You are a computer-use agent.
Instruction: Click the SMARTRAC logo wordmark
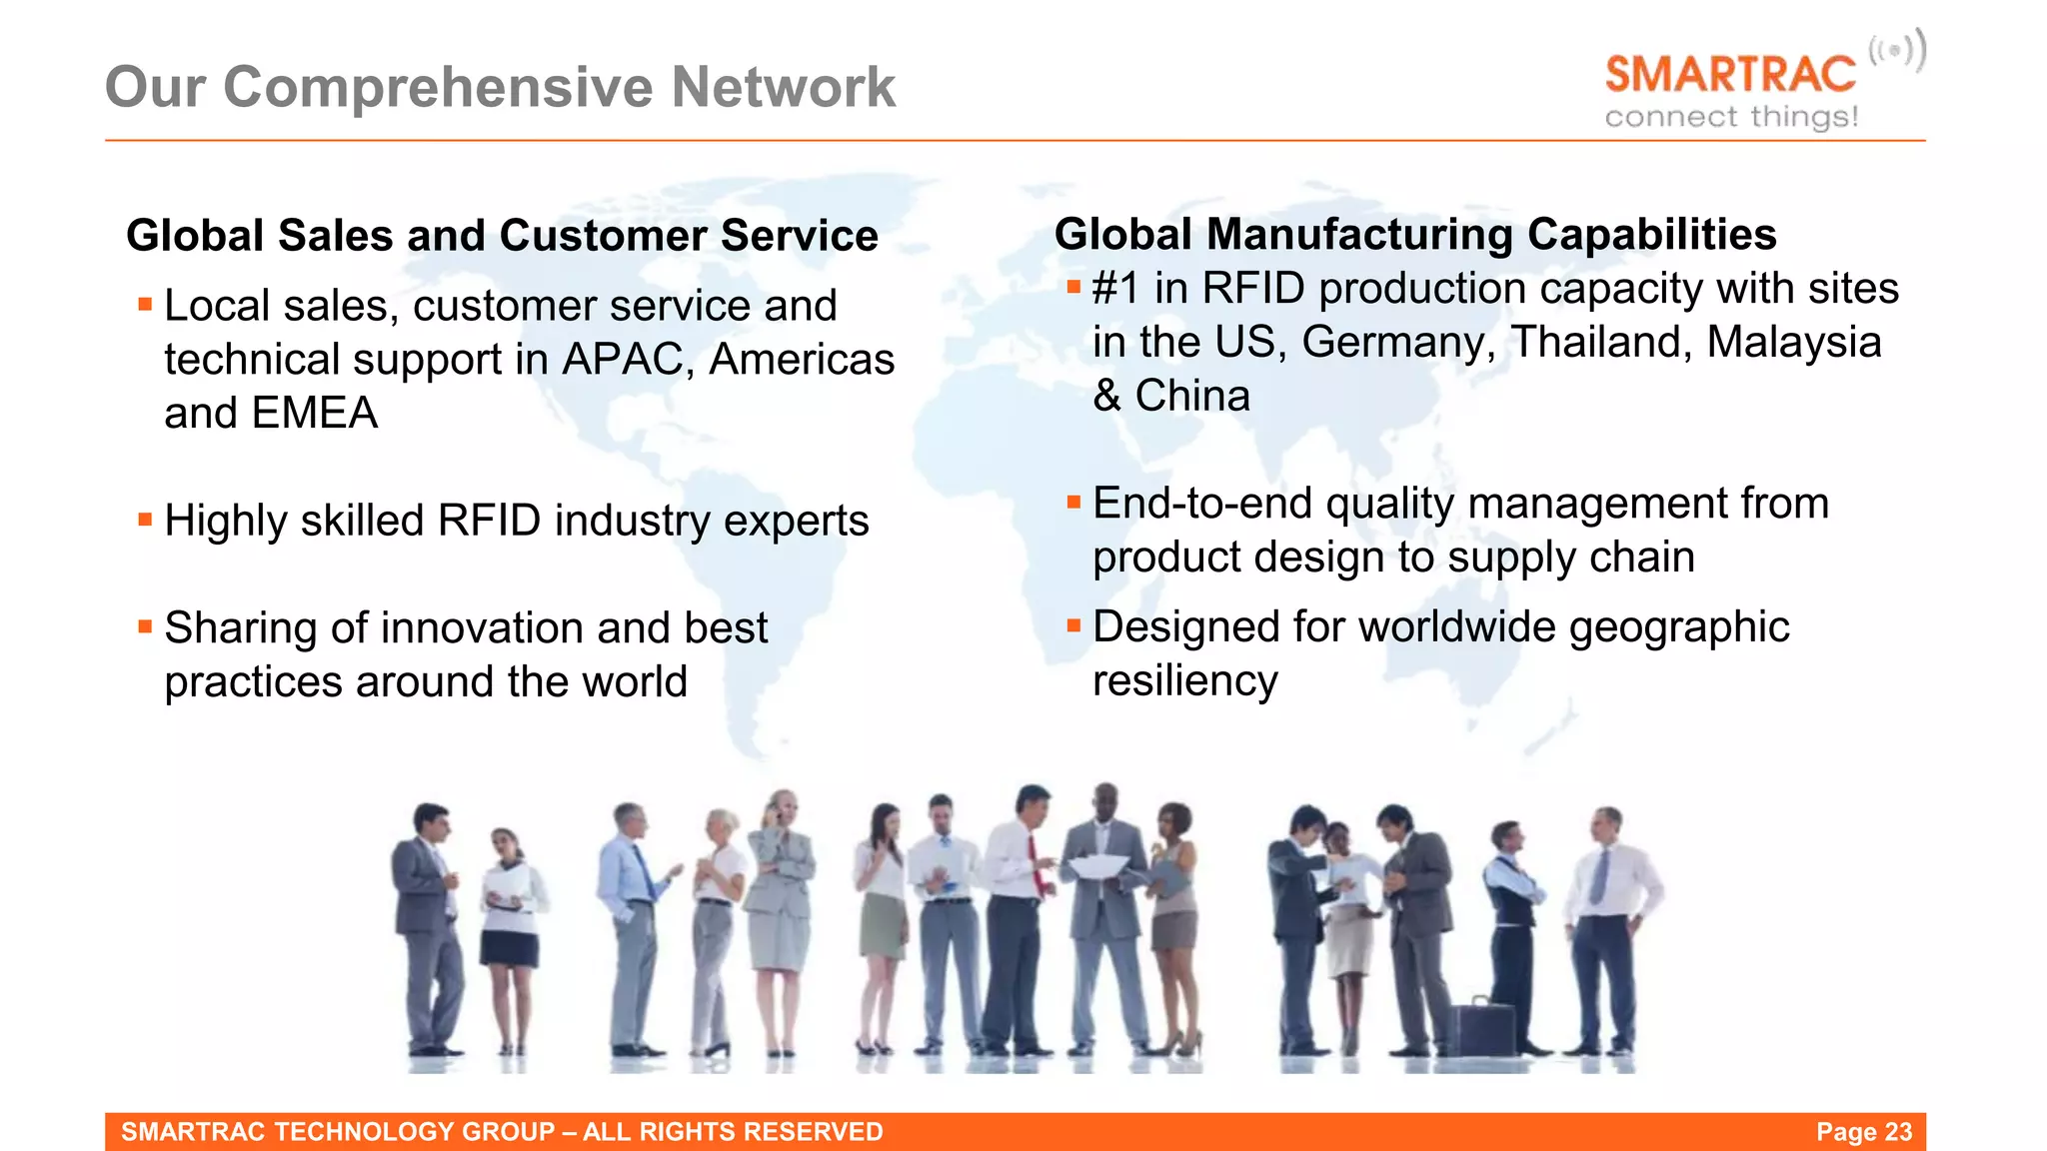coord(1730,75)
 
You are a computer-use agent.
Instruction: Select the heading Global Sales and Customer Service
coord(502,236)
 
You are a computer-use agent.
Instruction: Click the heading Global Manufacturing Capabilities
coord(1415,235)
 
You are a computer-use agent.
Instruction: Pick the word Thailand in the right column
coord(1601,343)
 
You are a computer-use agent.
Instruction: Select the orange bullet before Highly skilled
coord(146,520)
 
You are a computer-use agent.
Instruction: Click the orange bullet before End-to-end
coord(1074,503)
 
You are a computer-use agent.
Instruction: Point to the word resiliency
coord(1184,681)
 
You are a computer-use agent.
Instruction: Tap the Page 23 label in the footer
coord(1863,1132)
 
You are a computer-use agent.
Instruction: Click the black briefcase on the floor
coord(1482,1026)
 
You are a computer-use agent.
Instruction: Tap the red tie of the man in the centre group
coord(1035,865)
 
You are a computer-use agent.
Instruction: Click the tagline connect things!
coord(1731,117)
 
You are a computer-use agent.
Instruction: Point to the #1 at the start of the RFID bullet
coord(1115,289)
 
